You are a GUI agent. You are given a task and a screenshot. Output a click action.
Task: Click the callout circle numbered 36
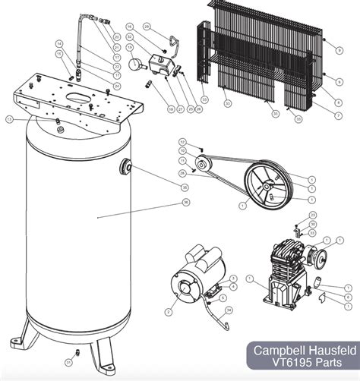coord(185,202)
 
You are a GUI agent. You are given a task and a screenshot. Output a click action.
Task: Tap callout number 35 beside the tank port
coord(185,187)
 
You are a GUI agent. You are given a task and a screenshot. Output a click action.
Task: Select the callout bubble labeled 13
coord(10,119)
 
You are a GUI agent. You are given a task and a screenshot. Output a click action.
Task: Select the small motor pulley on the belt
coord(203,165)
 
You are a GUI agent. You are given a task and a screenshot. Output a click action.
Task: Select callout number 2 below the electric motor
coord(169,311)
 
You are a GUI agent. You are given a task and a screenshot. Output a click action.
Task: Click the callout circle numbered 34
coord(229,310)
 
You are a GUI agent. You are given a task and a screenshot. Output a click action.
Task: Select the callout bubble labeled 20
coord(116,36)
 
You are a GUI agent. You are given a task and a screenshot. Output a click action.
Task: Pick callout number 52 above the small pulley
coord(182,141)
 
